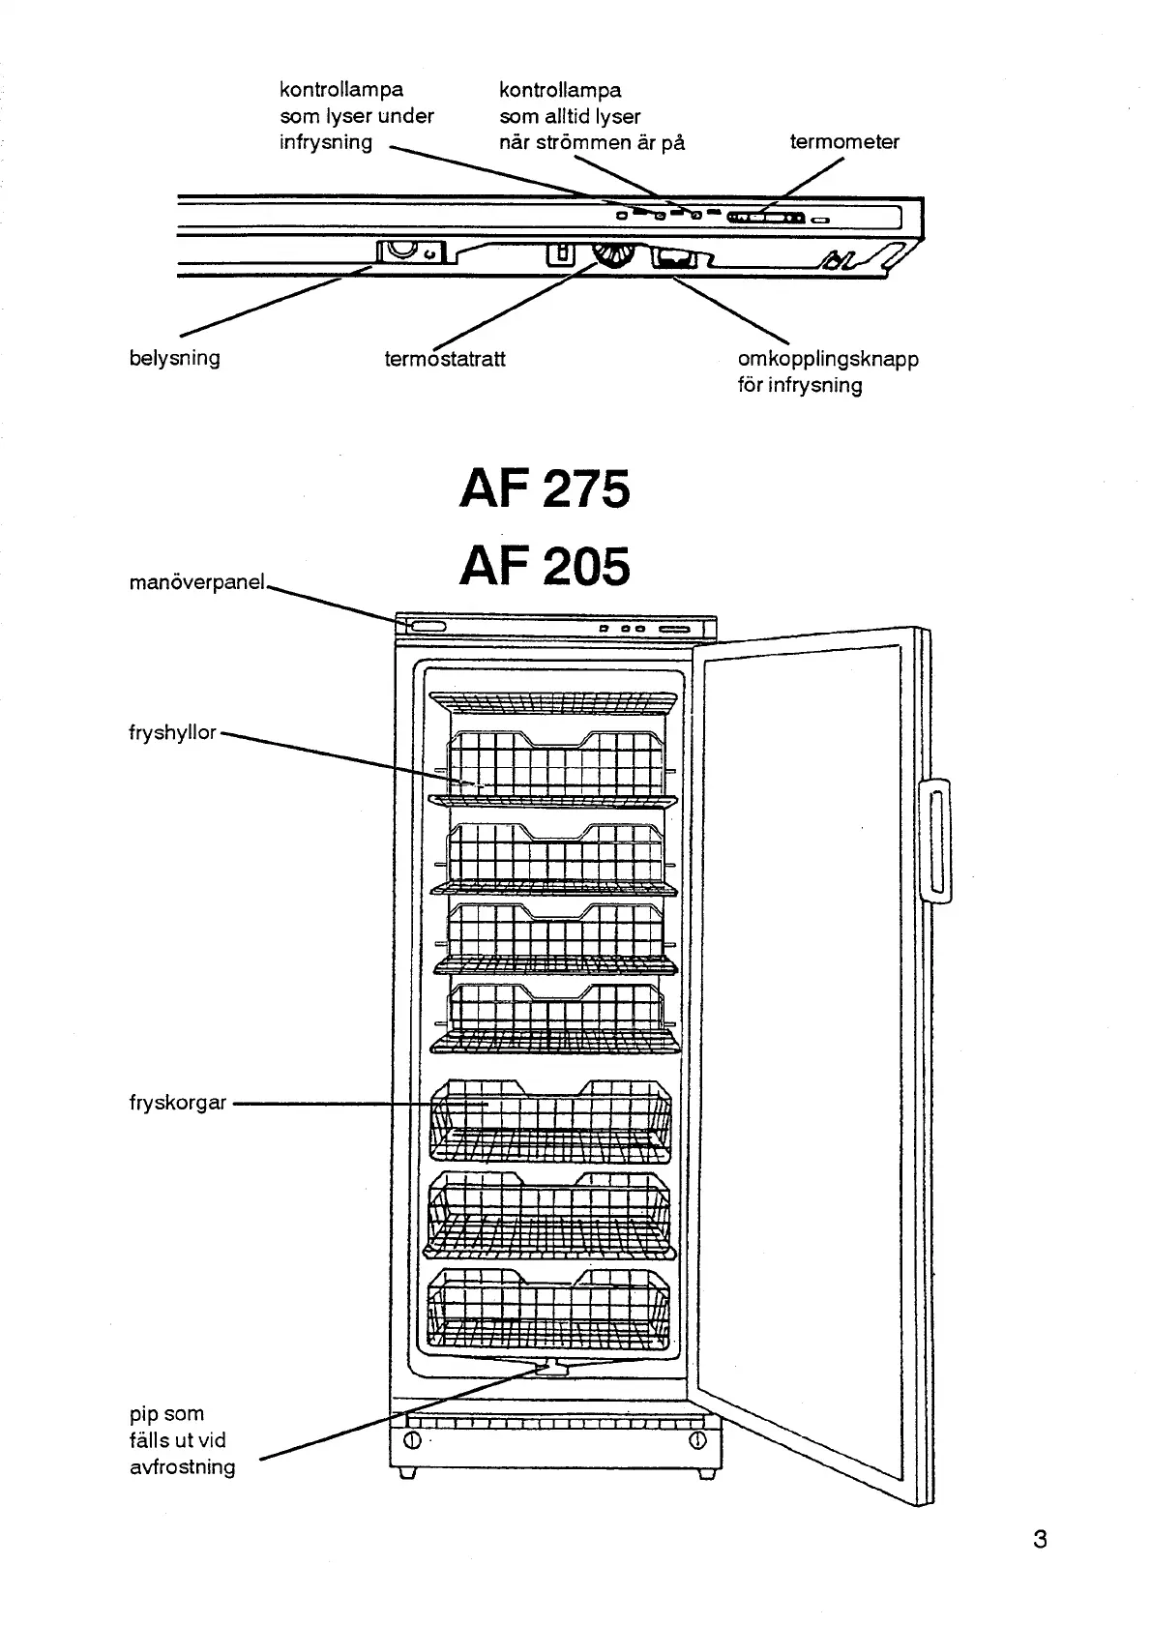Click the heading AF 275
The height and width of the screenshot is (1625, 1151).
pos(545,489)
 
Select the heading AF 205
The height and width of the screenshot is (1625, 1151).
pos(545,567)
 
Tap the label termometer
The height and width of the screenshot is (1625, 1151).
pos(844,141)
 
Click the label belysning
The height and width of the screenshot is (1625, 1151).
pos(175,358)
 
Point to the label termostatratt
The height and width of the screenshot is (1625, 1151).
pos(445,359)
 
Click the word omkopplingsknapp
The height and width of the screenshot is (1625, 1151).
pos(828,359)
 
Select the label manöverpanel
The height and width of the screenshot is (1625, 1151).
pos(197,582)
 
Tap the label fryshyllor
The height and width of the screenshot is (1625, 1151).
pos(172,733)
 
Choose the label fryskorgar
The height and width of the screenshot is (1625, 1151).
pos(178,1103)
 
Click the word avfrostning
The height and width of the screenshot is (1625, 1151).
pos(183,1466)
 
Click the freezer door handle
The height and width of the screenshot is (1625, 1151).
pos(935,842)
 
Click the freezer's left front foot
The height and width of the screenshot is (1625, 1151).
pos(407,1472)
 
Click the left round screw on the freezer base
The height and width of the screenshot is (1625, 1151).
pos(412,1440)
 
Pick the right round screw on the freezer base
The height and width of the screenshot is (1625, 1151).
pos(697,1439)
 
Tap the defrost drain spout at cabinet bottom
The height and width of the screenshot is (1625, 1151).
pos(552,1368)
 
